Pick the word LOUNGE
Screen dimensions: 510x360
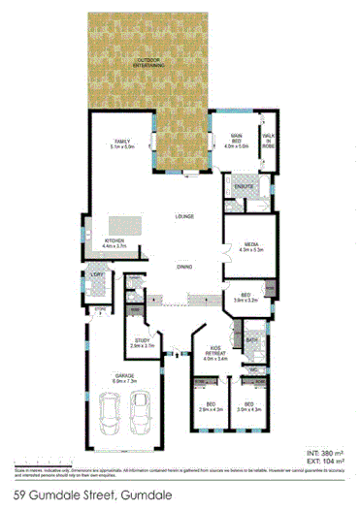point(185,215)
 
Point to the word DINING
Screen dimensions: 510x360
point(184,267)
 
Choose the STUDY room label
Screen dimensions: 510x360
point(143,340)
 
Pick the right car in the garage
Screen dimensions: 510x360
point(143,414)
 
